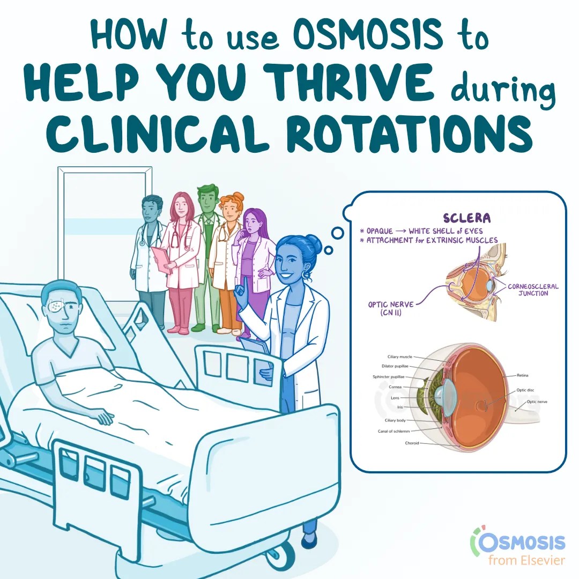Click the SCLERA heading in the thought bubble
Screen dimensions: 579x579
[467, 218]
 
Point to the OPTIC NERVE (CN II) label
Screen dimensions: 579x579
[391, 309]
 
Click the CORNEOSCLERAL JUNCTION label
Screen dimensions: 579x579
[533, 290]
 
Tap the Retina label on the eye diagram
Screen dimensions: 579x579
[523, 375]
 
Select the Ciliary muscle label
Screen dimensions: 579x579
[399, 357]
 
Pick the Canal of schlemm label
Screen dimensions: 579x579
[394, 431]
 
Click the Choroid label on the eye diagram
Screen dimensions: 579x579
[412, 443]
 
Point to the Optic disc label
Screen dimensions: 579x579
[525, 390]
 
